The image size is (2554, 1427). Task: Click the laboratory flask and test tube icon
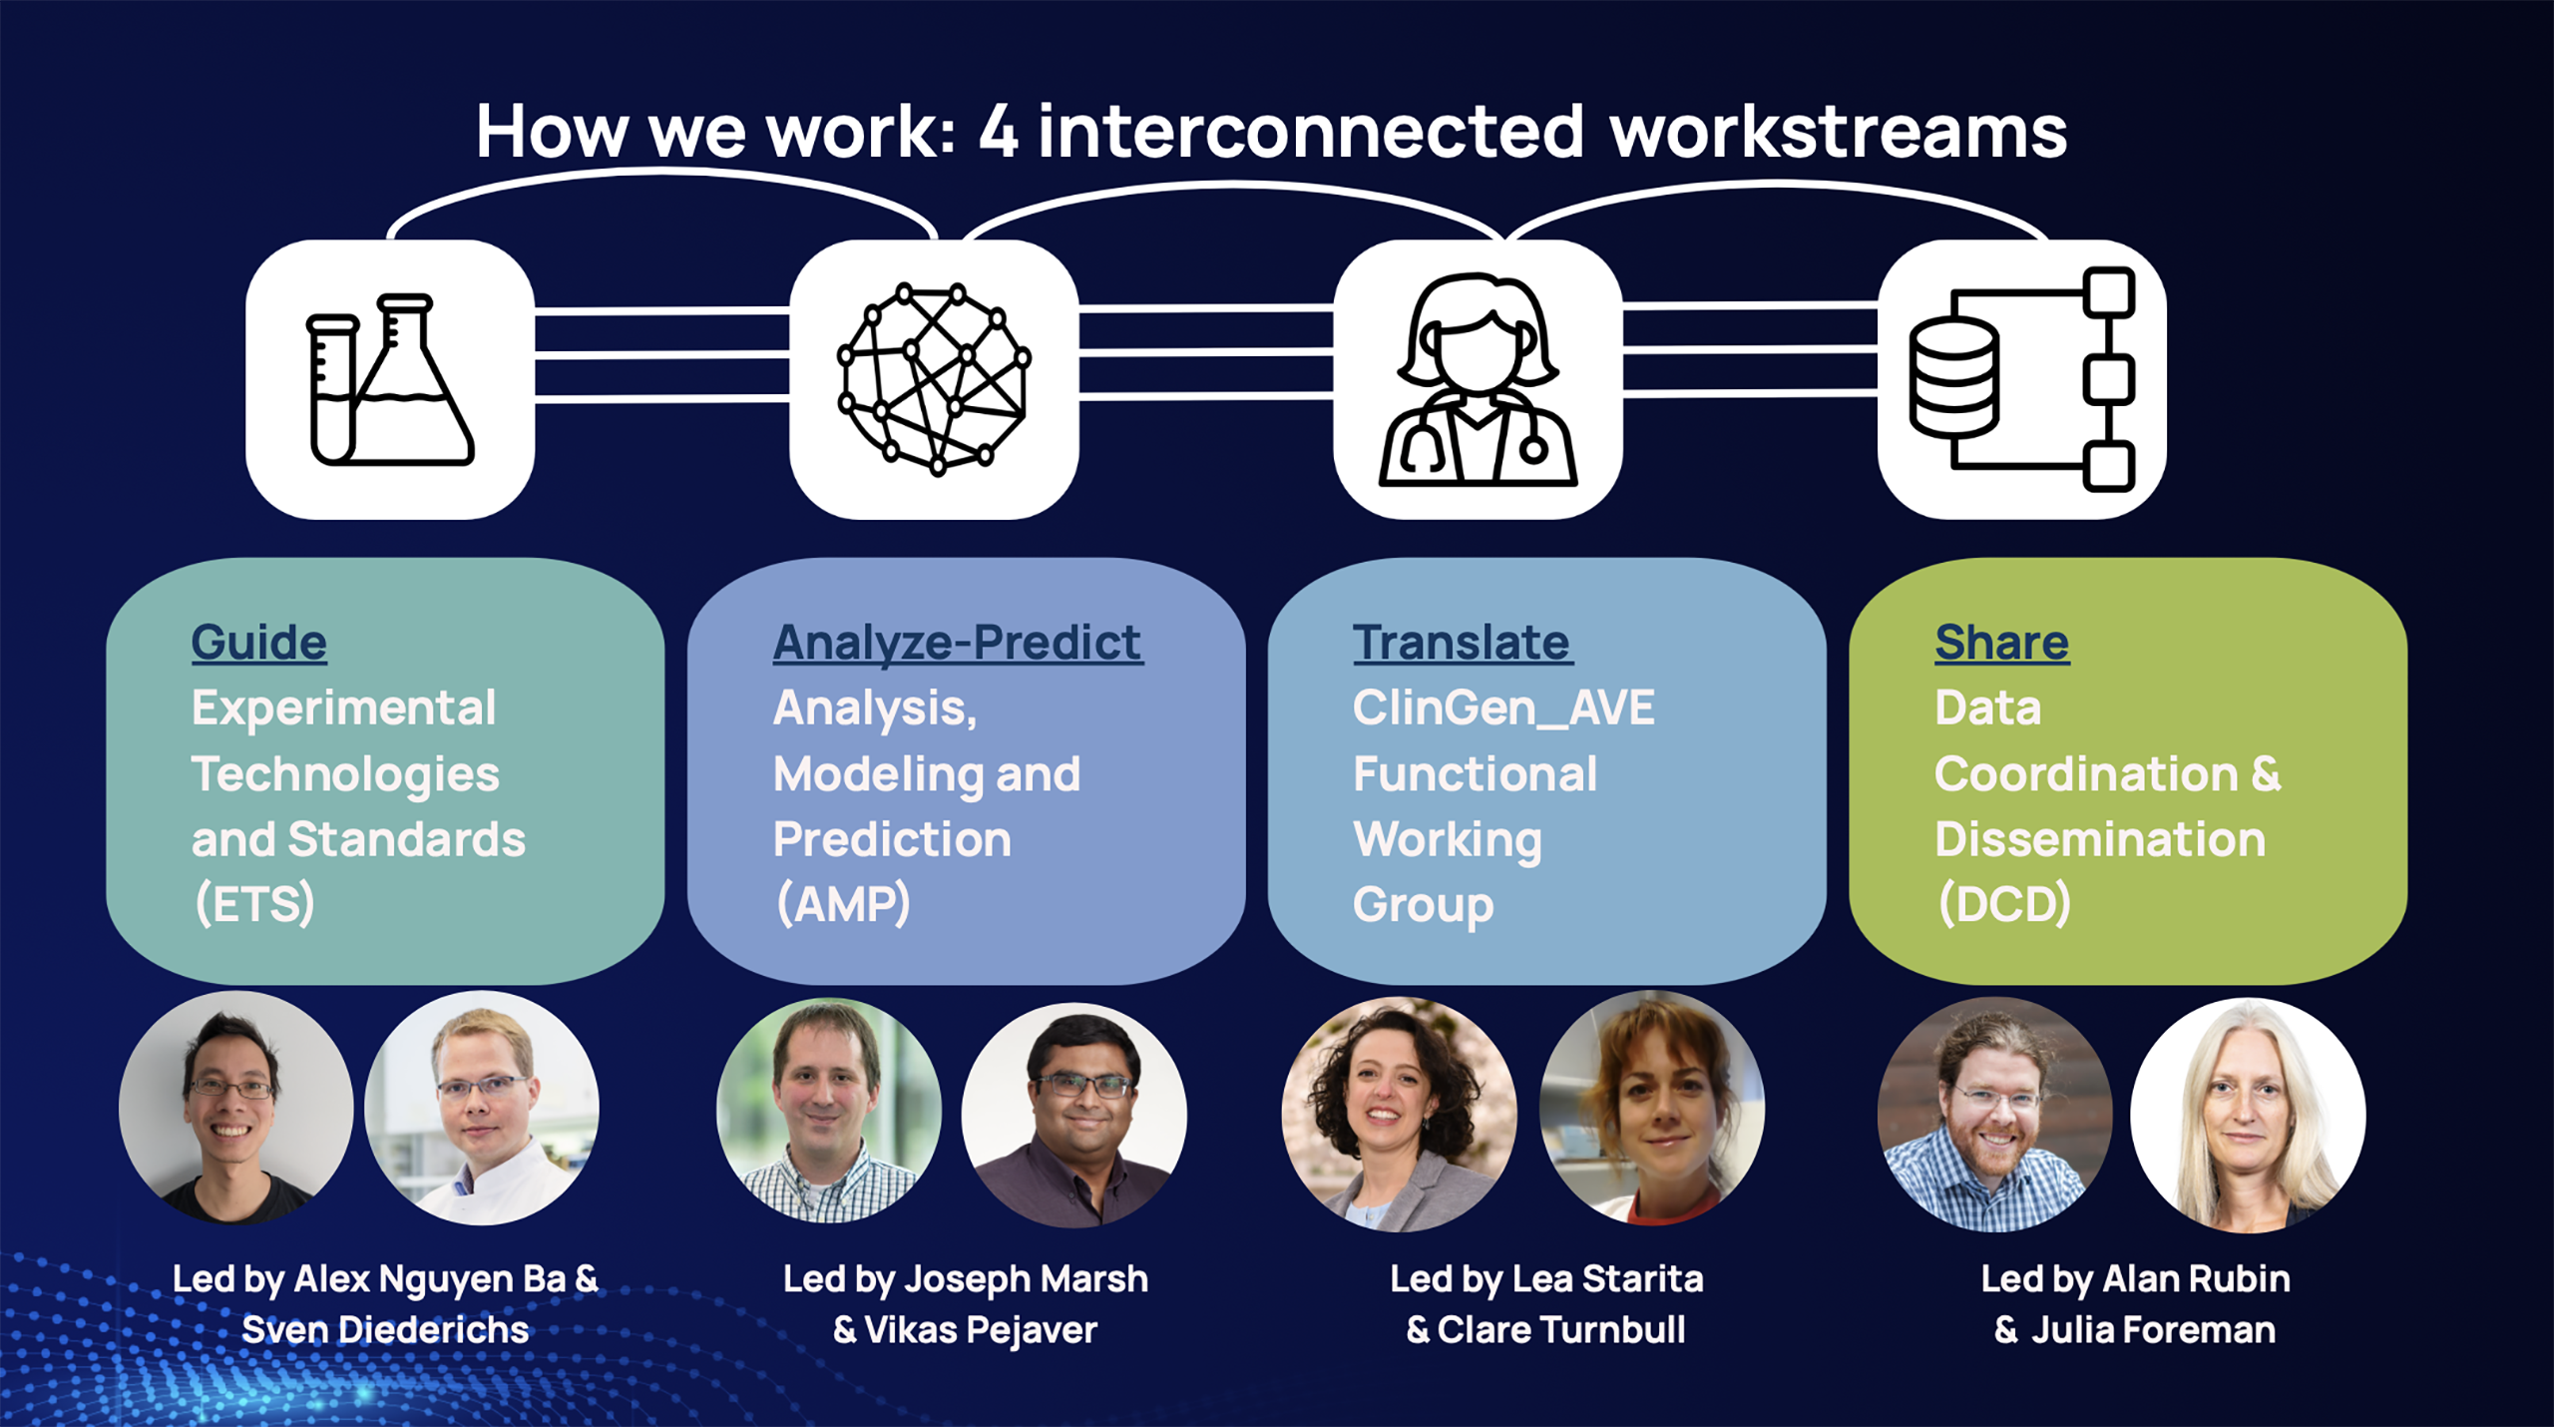(x=390, y=379)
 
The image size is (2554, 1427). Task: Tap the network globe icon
(x=934, y=379)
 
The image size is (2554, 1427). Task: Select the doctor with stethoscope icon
(x=1478, y=379)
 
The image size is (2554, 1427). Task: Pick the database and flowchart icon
(x=2022, y=379)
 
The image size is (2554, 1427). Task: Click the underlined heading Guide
(x=259, y=642)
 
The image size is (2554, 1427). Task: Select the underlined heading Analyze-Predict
(x=958, y=642)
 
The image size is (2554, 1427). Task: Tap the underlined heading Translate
(x=1462, y=642)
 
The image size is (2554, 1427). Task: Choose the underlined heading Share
(x=2001, y=642)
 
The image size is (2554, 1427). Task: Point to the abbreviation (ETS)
(x=254, y=904)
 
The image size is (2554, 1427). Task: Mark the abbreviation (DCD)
(x=2004, y=904)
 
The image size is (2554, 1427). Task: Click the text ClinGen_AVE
(x=1503, y=709)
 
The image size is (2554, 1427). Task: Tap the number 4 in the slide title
(x=999, y=131)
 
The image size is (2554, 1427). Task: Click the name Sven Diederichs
(x=385, y=1330)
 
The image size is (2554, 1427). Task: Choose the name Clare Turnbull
(x=1561, y=1330)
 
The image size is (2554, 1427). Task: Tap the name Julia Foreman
(x=2154, y=1330)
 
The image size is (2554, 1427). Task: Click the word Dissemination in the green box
(x=2100, y=839)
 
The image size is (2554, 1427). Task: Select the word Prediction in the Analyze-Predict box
(x=892, y=839)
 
